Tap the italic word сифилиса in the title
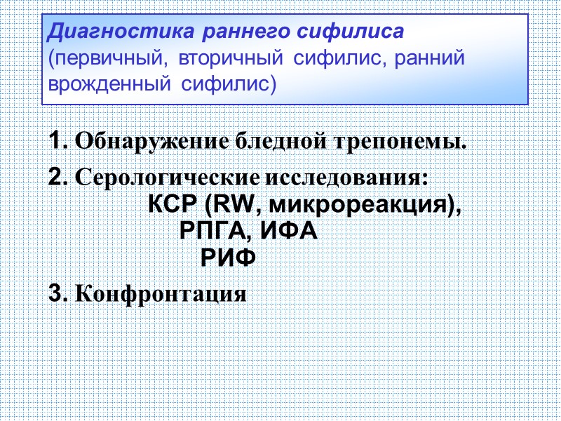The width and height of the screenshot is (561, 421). (x=349, y=32)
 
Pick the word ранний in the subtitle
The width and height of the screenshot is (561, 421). (x=430, y=59)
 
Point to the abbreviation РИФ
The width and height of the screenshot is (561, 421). (x=229, y=258)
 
